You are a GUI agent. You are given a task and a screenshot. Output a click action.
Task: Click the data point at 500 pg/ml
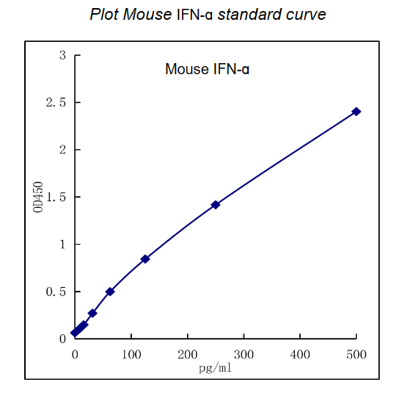[x=356, y=112]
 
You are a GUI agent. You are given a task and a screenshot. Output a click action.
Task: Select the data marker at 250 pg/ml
[x=215, y=205]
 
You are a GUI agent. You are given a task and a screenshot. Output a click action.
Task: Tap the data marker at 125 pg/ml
[x=145, y=259]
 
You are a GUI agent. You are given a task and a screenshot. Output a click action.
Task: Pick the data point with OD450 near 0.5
[x=110, y=292]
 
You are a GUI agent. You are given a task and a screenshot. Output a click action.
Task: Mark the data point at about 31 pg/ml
[x=92, y=313]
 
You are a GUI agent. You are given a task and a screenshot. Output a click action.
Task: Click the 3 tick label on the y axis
[x=63, y=55]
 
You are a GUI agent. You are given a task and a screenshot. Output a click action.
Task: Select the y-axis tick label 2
[x=63, y=150]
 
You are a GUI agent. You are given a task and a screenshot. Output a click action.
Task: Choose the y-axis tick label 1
[x=63, y=244]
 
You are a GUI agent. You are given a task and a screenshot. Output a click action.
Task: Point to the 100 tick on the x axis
[x=131, y=354]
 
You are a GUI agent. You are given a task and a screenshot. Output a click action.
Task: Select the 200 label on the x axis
[x=187, y=354]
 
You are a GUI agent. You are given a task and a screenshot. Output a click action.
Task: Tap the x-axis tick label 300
[x=244, y=354]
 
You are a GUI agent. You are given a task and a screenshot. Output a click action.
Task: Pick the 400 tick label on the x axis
[x=300, y=354]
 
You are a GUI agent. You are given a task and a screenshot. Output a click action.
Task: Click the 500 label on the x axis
[x=357, y=354]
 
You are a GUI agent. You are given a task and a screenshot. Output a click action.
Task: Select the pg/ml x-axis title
[x=215, y=367]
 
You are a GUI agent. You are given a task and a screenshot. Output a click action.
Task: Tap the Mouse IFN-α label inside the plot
[x=208, y=71]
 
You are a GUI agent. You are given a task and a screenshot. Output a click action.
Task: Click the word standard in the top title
[x=246, y=15]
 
